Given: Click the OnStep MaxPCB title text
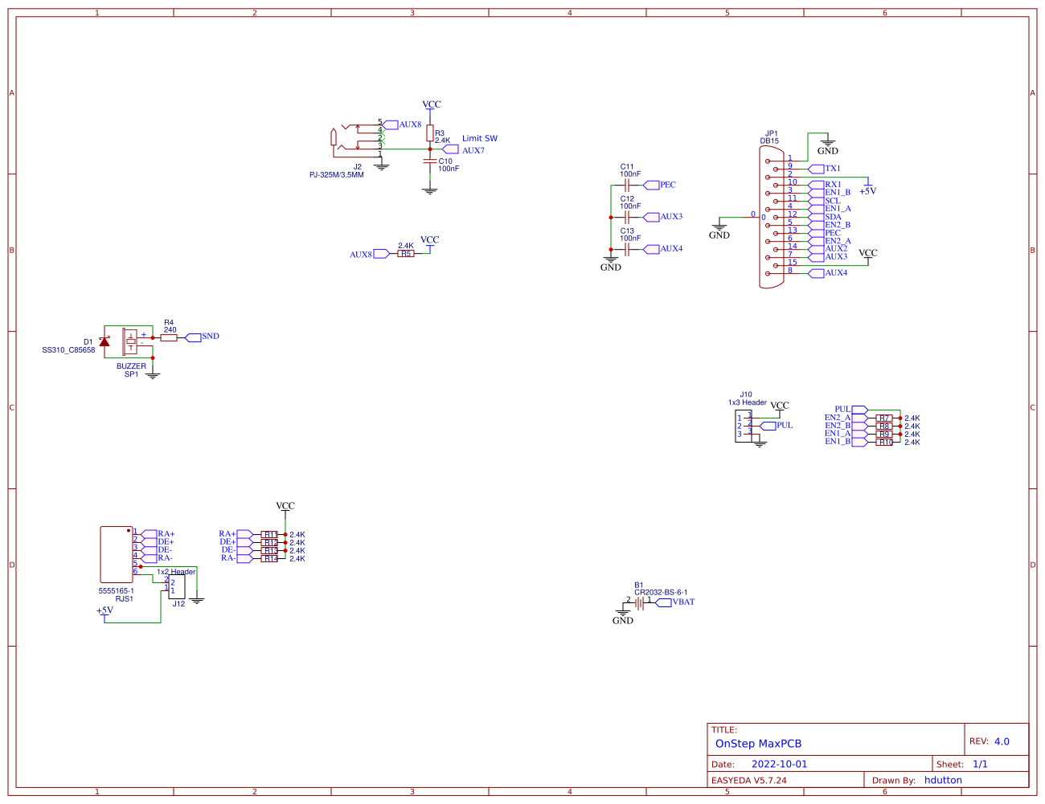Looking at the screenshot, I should (758, 744).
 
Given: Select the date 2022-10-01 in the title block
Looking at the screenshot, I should (779, 765).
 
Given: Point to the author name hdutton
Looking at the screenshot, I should (943, 780).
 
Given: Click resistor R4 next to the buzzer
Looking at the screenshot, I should (169, 338).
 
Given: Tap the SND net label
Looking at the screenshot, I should (210, 337).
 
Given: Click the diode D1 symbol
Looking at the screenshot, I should (104, 341).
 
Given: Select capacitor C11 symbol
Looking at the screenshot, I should (626, 185).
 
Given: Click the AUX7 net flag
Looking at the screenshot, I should (473, 150).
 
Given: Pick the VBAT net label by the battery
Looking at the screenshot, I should (683, 602).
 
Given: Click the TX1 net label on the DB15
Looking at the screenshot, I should (832, 169).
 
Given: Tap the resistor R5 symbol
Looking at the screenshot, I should (406, 254).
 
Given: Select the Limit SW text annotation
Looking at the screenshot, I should (479, 138).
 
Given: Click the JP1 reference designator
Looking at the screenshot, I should (771, 133).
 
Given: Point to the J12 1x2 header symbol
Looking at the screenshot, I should (176, 586).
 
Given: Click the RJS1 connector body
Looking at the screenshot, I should (117, 554).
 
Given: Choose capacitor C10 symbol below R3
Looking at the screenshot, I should (429, 161).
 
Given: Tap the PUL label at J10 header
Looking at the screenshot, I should (784, 426).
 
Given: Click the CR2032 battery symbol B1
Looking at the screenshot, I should (640, 602).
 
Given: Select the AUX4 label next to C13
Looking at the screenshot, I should (670, 249).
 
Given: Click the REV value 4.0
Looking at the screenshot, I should (1001, 741).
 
